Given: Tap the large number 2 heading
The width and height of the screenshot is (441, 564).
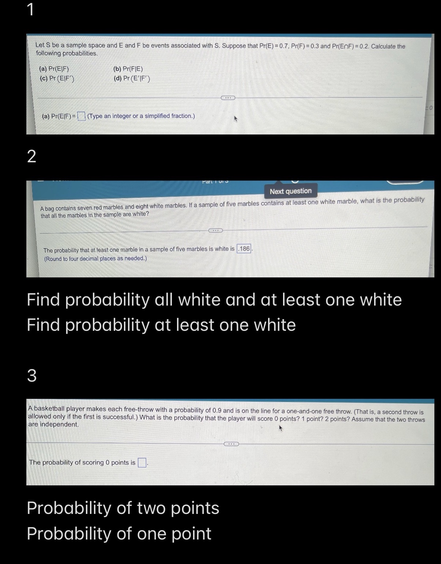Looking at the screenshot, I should (32, 156).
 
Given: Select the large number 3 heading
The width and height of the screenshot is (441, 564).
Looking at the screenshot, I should (32, 375).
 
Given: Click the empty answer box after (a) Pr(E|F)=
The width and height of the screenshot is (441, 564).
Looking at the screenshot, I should (82, 116).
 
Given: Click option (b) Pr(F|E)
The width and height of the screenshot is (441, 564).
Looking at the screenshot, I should (128, 69).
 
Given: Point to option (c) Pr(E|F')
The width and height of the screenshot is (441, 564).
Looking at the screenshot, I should (57, 78).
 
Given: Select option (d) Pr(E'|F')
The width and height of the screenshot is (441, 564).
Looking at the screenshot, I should (132, 78).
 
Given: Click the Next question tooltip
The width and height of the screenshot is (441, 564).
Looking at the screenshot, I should (290, 191).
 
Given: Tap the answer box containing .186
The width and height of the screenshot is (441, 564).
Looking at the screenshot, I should (244, 249).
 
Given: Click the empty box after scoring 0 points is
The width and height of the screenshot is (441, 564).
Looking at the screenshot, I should (142, 463).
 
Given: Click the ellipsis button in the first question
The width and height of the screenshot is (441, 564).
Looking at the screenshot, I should (228, 98).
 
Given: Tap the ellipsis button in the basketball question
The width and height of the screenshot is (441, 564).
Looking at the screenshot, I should (231, 444).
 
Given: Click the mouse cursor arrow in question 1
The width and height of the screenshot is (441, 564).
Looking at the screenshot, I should (236, 119).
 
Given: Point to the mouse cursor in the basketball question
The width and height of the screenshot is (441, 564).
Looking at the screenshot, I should (281, 428).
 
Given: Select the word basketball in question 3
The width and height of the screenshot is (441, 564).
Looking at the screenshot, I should (49, 409).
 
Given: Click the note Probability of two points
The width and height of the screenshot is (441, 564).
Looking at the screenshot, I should (123, 508).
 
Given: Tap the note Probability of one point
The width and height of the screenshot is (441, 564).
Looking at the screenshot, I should (119, 534).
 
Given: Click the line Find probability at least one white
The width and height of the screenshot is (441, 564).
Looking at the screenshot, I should (161, 325).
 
